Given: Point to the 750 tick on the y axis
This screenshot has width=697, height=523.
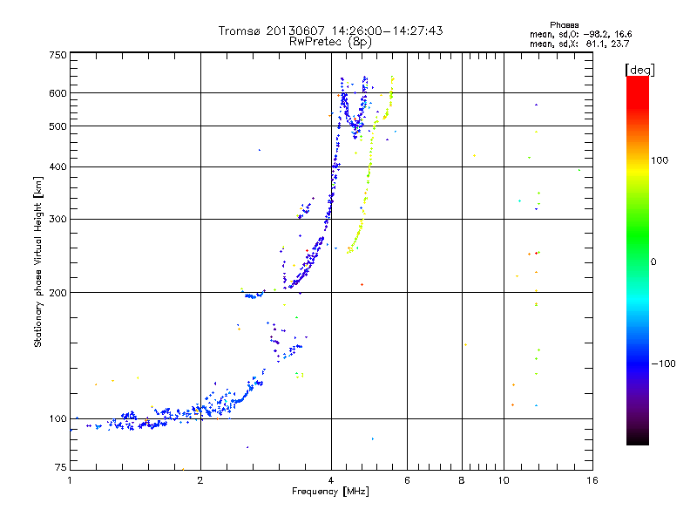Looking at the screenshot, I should [58, 56].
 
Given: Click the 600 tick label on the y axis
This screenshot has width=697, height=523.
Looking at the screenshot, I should [58, 93].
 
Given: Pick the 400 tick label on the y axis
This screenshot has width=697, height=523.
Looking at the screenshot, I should [58, 166].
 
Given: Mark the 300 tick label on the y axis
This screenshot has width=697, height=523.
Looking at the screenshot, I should [58, 220].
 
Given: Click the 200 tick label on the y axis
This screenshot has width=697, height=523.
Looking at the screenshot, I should [58, 293].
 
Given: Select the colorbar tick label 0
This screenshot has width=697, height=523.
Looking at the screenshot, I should [655, 261].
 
